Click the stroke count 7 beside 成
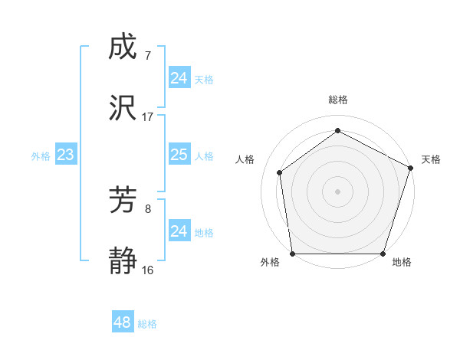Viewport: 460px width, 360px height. tap(147, 55)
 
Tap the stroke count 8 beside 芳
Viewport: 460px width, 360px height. tap(147, 208)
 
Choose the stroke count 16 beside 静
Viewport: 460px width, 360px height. tap(147, 270)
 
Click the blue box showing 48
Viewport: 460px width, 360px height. tap(123, 322)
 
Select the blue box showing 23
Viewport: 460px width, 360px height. tap(65, 155)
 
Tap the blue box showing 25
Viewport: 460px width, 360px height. tap(179, 155)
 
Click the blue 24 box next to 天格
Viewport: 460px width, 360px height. tap(179, 79)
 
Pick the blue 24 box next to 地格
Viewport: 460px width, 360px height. tap(179, 232)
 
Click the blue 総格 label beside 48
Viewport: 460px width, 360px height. tap(147, 324)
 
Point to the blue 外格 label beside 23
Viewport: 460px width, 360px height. tap(41, 156)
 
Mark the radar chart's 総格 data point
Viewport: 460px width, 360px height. tap(337, 130)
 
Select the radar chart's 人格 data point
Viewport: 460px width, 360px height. tap(280, 172)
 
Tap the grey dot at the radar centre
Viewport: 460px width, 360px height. tap(337, 191)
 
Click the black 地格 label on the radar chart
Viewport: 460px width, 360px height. tap(402, 262)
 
